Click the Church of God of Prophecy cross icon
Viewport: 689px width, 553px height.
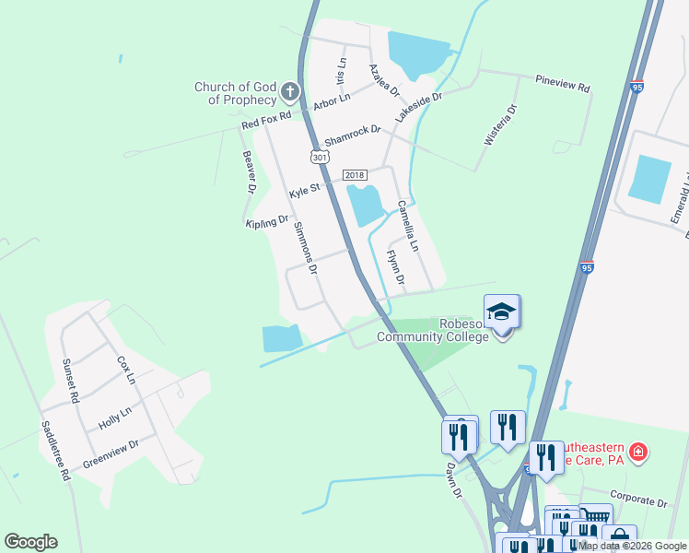[x=290, y=91]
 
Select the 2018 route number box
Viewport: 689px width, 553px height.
[x=355, y=174]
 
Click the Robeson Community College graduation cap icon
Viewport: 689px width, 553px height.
[x=502, y=312]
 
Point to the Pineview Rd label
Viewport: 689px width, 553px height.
[x=563, y=83]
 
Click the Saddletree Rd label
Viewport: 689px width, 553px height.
[x=55, y=452]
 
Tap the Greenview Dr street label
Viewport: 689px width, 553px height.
[x=111, y=453]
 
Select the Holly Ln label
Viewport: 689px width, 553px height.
[x=115, y=418]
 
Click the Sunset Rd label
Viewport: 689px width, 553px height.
[x=69, y=379]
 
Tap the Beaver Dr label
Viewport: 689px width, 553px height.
[x=248, y=172]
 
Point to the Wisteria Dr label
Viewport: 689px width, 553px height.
[x=500, y=124]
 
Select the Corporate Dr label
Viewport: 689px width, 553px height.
[x=637, y=501]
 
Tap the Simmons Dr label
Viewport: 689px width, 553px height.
[x=305, y=249]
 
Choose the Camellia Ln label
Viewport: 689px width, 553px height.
[x=407, y=227]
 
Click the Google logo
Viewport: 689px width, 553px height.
[x=30, y=542]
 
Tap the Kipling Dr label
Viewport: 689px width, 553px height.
[x=268, y=223]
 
